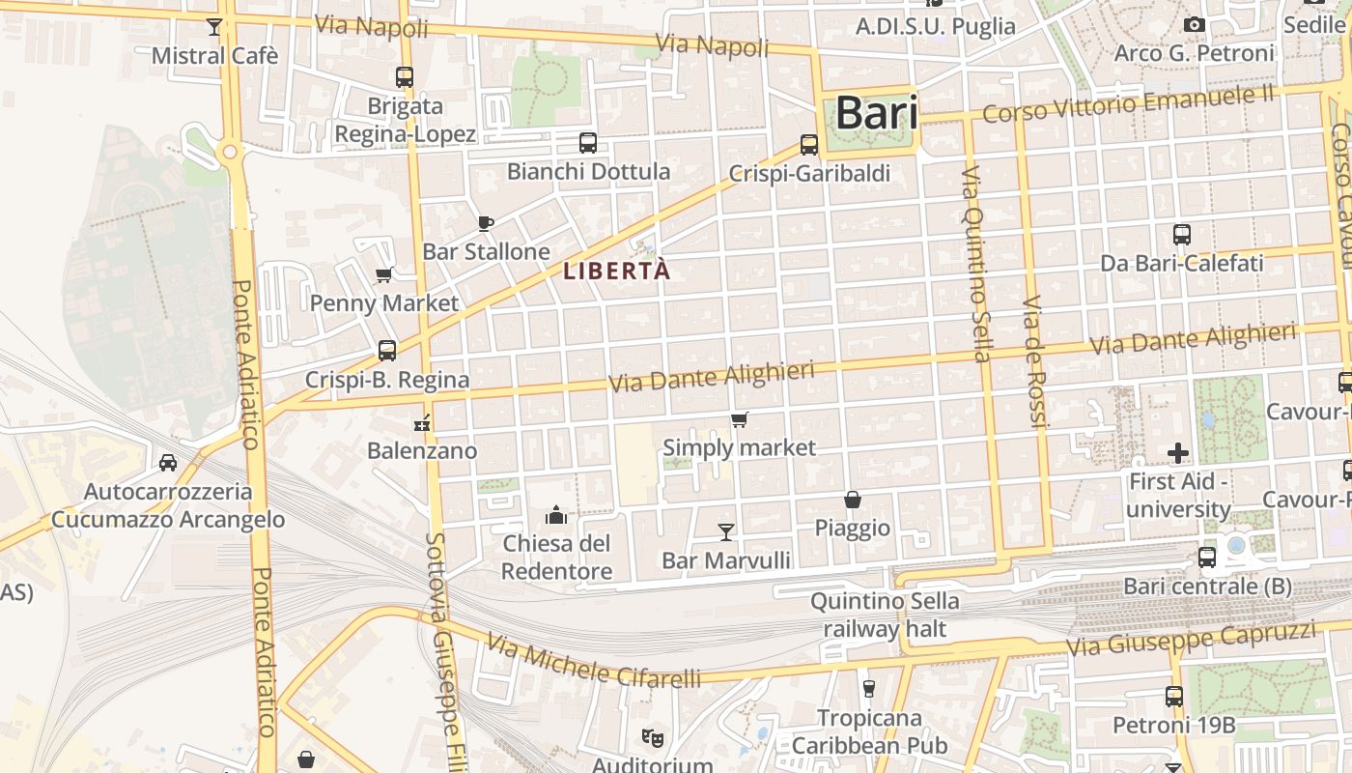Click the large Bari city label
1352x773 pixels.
[876, 113]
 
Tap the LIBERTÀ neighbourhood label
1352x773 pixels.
[616, 272]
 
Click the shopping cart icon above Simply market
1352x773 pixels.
[740, 419]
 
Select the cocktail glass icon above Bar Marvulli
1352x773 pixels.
[726, 531]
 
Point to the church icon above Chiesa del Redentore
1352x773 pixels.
[556, 515]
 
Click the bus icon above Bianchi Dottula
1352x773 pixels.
[588, 143]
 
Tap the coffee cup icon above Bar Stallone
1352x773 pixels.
[486, 223]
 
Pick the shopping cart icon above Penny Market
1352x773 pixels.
[384, 274]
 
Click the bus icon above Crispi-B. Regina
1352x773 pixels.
[387, 350]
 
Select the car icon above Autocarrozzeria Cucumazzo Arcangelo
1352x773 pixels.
[168, 463]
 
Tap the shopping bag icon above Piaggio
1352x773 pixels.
[853, 500]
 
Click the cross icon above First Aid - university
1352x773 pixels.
[1178, 452]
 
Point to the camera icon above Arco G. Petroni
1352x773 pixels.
[1195, 24]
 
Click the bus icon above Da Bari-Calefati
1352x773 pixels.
[1182, 234]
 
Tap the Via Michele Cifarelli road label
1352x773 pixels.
[593, 662]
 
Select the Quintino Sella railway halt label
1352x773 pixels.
[885, 616]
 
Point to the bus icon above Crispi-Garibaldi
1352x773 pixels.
[809, 145]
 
